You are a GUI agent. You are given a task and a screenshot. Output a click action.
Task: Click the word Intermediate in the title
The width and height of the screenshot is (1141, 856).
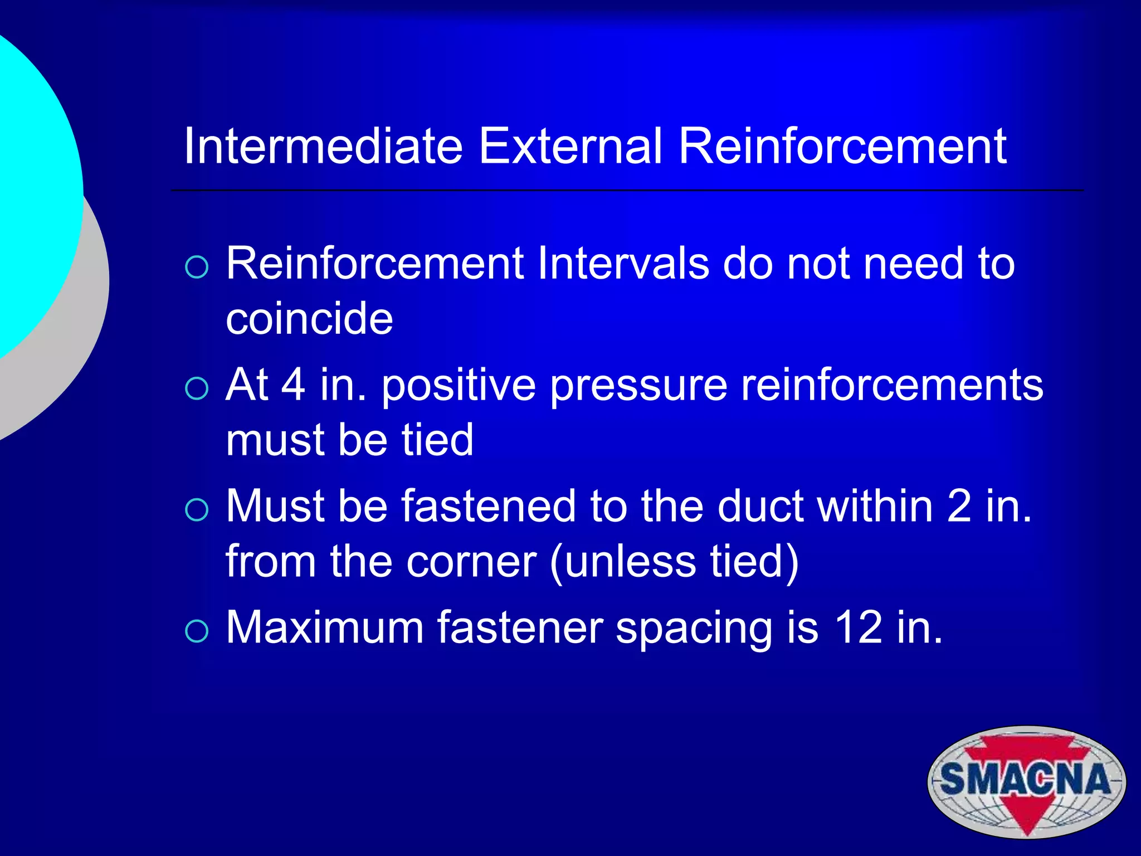pyautogui.click(x=323, y=146)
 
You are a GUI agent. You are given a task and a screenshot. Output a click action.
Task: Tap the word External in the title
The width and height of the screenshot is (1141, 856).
pyautogui.click(x=570, y=146)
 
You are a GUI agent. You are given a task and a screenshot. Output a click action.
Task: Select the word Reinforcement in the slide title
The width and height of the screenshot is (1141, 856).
pyautogui.click(x=842, y=146)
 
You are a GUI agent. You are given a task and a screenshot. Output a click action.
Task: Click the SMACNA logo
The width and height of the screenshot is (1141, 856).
pyautogui.click(x=1026, y=781)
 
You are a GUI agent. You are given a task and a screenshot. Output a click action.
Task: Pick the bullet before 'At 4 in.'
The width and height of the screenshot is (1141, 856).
pyautogui.click(x=197, y=388)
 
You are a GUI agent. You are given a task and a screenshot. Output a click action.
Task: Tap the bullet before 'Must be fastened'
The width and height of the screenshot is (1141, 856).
pyautogui.click(x=197, y=509)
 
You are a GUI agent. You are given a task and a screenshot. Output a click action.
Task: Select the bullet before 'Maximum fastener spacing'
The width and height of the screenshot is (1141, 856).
pyautogui.click(x=197, y=631)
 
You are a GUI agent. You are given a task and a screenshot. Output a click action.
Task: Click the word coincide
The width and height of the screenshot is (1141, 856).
pyautogui.click(x=309, y=318)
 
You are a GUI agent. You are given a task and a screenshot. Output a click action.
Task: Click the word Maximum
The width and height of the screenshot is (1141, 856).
pyautogui.click(x=325, y=628)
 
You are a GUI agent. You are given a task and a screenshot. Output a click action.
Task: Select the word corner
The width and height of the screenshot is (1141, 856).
pyautogui.click(x=471, y=562)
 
